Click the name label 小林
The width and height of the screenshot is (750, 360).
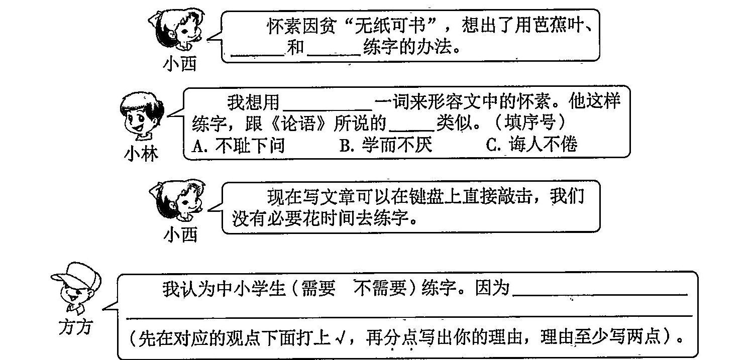(x=141, y=153)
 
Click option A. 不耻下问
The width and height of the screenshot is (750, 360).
(x=239, y=145)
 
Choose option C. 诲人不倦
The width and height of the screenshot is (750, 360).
(x=532, y=145)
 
